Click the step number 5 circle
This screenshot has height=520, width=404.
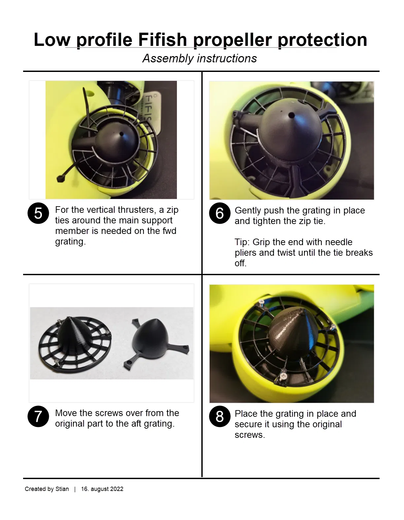(x=38, y=213)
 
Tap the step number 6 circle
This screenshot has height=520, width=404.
(x=220, y=213)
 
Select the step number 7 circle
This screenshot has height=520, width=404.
(x=38, y=416)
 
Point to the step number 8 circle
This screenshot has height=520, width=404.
(x=220, y=416)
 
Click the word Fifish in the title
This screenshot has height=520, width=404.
(x=162, y=40)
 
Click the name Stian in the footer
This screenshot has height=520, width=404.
(x=62, y=489)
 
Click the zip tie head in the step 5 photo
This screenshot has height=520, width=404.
(x=60, y=179)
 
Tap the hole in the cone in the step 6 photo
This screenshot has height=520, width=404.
(x=291, y=115)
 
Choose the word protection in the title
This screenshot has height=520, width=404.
(x=322, y=40)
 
